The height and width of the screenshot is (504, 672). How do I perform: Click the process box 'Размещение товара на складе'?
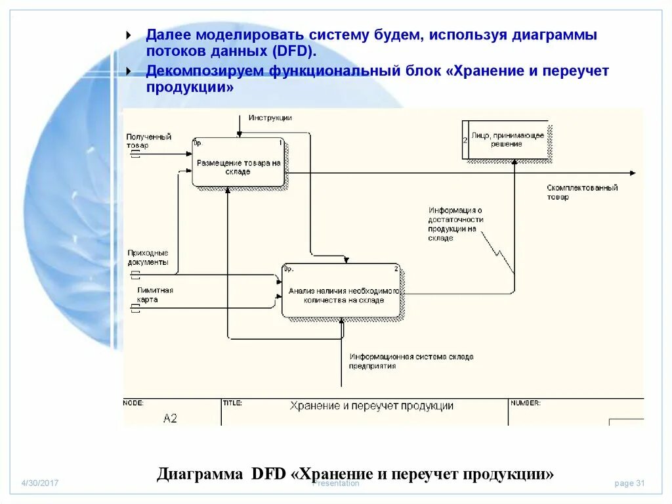[239, 162]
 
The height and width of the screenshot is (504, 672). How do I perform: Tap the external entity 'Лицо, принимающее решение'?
[507, 139]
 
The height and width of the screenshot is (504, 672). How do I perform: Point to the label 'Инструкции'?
[270, 118]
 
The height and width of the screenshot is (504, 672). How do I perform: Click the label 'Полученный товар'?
[148, 141]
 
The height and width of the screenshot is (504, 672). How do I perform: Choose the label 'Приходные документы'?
[148, 257]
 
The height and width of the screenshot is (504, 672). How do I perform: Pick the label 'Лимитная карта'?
[155, 294]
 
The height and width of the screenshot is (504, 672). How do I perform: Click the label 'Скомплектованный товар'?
[582, 192]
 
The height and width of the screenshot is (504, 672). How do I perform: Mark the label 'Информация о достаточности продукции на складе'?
[455, 224]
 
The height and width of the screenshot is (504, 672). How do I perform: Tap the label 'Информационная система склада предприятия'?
[411, 361]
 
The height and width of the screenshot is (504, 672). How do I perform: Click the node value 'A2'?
[170, 418]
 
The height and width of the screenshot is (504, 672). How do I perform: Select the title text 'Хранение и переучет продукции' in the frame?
[371, 406]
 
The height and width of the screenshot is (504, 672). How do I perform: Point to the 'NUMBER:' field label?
[525, 403]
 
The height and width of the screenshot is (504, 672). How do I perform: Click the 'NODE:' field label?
[133, 403]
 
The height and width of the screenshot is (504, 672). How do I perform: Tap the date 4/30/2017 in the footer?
[40, 483]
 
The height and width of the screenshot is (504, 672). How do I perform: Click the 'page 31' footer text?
[629, 483]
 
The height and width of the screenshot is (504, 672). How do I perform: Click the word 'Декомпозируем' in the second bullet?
[204, 71]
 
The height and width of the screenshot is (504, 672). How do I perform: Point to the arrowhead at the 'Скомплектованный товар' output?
[633, 173]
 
